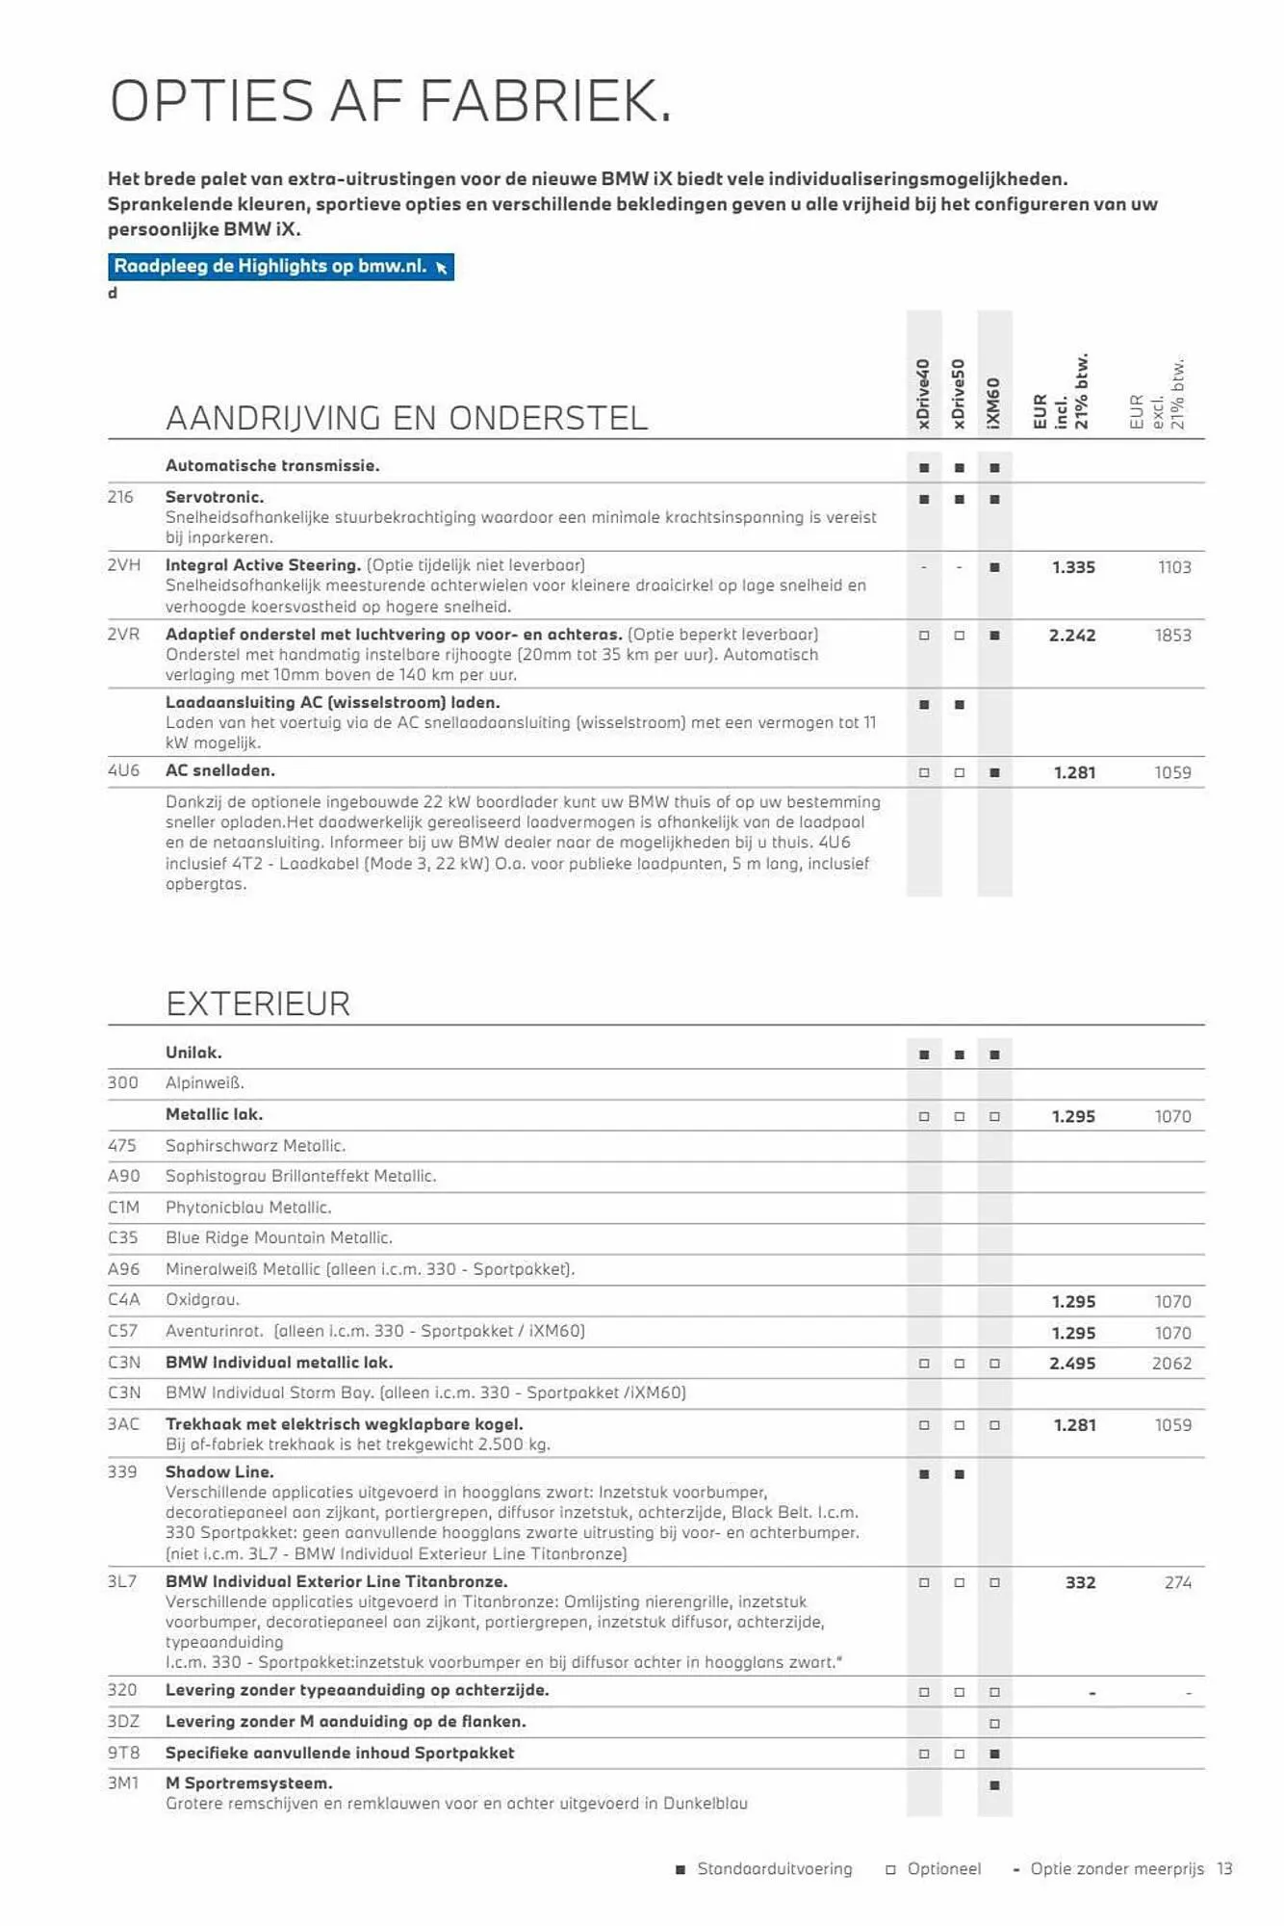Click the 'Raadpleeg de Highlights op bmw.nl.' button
coord(280,267)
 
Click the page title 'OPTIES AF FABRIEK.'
coord(390,101)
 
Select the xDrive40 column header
coord(923,394)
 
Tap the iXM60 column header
coord(994,403)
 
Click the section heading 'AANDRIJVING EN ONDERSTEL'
coord(406,418)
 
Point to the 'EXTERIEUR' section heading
coord(258,1003)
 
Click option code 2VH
coord(124,565)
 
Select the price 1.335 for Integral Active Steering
coord(1073,567)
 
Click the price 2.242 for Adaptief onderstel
coord(1072,636)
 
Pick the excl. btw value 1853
coord(1172,636)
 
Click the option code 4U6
coord(123,770)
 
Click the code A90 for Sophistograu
coord(123,1176)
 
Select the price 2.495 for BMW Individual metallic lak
coord(1072,1363)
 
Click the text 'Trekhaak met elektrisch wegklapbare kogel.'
coord(344,1423)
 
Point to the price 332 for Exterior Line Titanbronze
coord(1080,1582)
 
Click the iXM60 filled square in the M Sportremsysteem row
coord(994,1784)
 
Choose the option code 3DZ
coord(123,1721)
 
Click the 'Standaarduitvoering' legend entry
coord(774,1868)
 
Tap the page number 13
coord(1224,1868)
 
